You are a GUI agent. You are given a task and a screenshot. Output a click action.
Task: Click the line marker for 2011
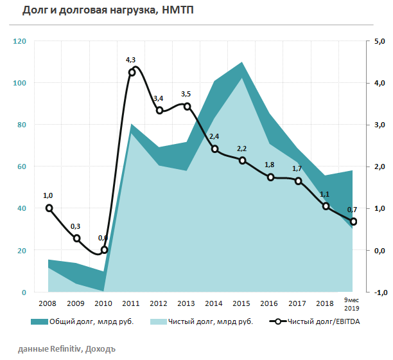(x=132, y=72)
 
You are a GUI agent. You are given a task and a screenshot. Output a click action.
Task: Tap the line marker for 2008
(x=49, y=208)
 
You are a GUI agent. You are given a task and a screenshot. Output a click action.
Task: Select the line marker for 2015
(x=243, y=160)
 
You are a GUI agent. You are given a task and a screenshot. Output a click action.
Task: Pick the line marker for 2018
(x=326, y=206)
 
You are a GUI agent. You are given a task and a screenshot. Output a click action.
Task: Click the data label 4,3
(x=130, y=60)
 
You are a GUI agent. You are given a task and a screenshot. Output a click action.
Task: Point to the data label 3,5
(x=187, y=94)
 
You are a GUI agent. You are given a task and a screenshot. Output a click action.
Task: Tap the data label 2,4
(x=214, y=136)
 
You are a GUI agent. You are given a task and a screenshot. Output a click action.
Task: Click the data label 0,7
(x=352, y=210)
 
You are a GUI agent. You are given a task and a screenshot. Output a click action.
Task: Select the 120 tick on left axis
(x=19, y=41)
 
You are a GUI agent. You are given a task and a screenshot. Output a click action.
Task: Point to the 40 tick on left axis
(x=21, y=208)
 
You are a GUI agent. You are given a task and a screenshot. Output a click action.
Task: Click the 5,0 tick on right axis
(x=379, y=41)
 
